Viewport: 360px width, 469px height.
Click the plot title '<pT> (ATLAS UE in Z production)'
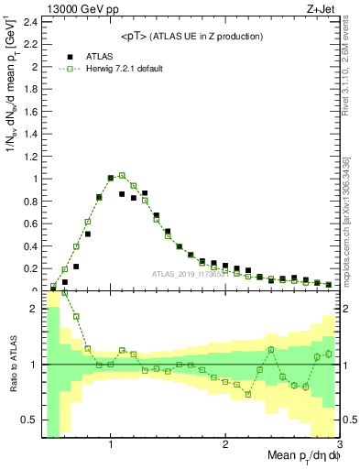click(191, 36)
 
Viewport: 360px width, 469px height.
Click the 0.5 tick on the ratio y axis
click(29, 420)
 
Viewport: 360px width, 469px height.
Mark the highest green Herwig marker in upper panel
click(122, 175)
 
